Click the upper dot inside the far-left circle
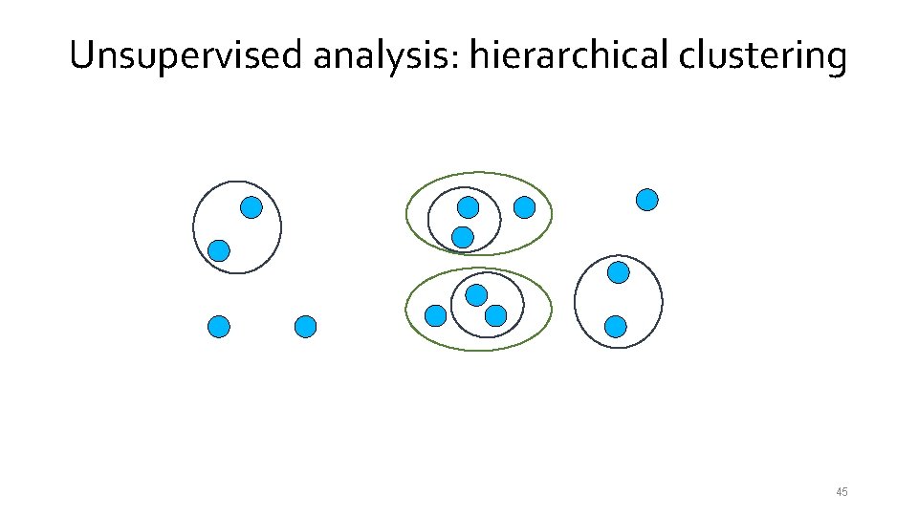click(x=251, y=207)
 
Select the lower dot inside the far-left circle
click(x=219, y=251)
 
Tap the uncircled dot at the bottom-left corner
click(x=219, y=327)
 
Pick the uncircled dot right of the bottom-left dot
click(x=305, y=327)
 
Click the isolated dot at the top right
click(x=647, y=200)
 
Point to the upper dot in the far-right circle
click(x=619, y=272)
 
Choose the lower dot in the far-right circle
click(x=616, y=327)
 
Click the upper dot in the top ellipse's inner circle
click(x=468, y=207)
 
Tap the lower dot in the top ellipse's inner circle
click(x=463, y=236)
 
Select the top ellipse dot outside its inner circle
click(x=524, y=206)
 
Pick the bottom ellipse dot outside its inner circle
click(x=435, y=315)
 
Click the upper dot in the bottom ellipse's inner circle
click(x=476, y=294)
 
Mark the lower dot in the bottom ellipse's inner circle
click(x=495, y=315)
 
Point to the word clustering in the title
click(x=763, y=56)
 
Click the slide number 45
click(x=841, y=492)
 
